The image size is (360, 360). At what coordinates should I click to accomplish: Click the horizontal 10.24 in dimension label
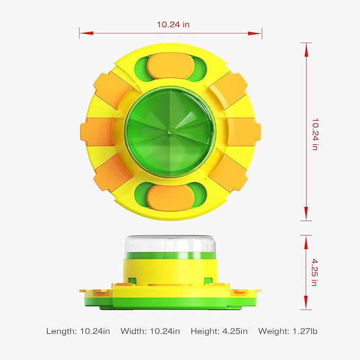[x=173, y=24]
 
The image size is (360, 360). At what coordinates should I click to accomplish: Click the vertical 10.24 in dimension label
[x=315, y=135]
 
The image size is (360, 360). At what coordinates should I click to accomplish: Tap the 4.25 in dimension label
[x=315, y=273]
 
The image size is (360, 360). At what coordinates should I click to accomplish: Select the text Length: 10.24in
[x=78, y=331]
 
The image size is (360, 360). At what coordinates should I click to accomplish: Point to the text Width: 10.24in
[x=150, y=331]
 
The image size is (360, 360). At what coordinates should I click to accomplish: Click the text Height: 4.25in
[x=219, y=331]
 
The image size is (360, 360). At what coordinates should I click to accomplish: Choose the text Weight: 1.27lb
[x=288, y=331]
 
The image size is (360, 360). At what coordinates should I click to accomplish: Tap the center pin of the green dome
[x=170, y=131]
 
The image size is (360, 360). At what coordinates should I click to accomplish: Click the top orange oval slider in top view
[x=171, y=66]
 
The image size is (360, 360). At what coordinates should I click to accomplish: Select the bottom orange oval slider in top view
[x=171, y=198]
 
